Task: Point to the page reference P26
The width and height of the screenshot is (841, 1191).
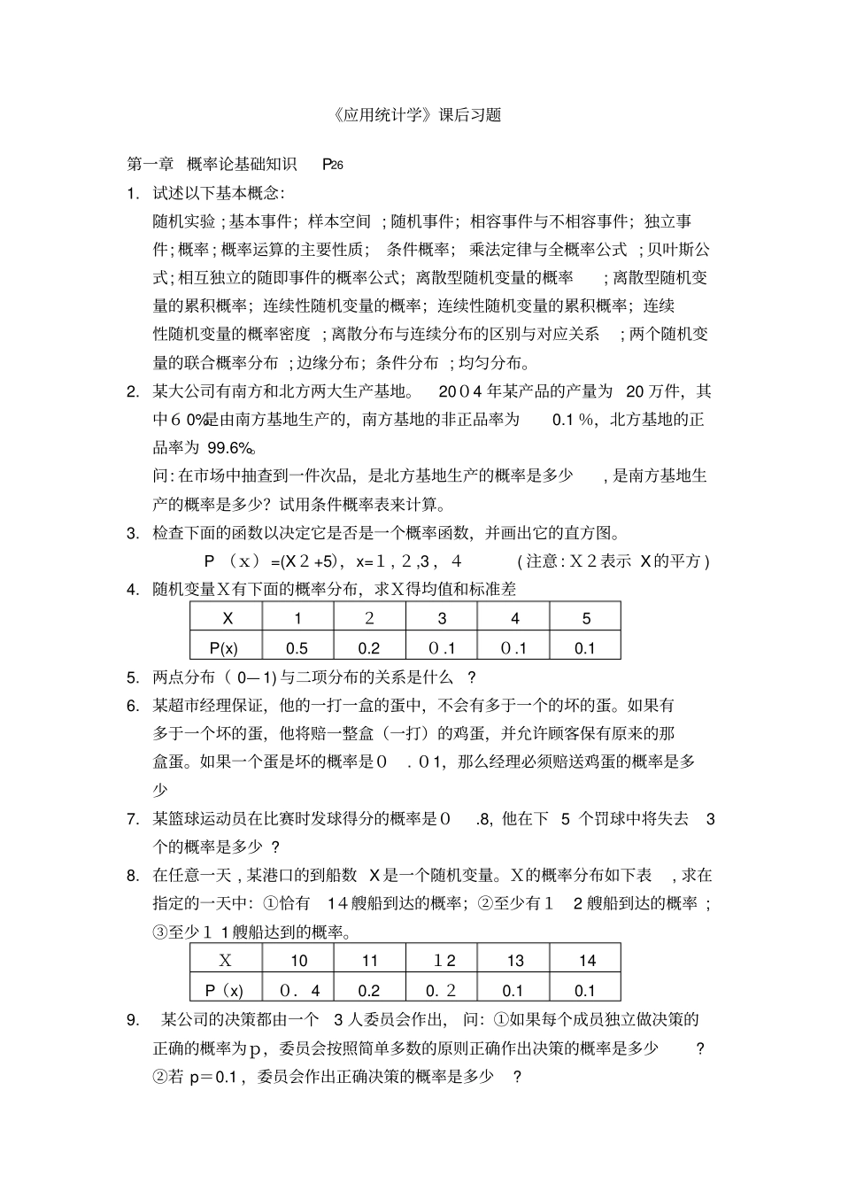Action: tap(332, 164)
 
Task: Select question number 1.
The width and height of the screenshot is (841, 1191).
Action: tap(133, 193)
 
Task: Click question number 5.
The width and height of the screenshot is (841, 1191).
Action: tap(133, 677)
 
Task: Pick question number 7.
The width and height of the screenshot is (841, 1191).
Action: tap(133, 819)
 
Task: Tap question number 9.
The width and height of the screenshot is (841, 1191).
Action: tap(133, 1020)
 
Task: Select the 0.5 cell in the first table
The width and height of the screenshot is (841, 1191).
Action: tap(297, 648)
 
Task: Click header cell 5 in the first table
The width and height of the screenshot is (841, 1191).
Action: tap(586, 619)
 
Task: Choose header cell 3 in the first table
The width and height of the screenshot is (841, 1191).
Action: tap(442, 619)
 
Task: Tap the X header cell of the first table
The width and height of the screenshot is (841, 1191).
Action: tap(227, 619)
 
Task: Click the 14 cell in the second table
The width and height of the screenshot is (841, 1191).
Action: tap(587, 961)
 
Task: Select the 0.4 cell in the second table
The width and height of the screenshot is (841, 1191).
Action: tap(299, 991)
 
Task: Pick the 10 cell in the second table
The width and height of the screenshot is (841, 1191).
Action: tap(299, 961)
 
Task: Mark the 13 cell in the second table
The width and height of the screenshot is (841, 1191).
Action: tap(514, 961)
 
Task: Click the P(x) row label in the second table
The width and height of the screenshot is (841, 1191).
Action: tap(225, 991)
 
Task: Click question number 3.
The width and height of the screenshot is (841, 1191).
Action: tap(133, 533)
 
